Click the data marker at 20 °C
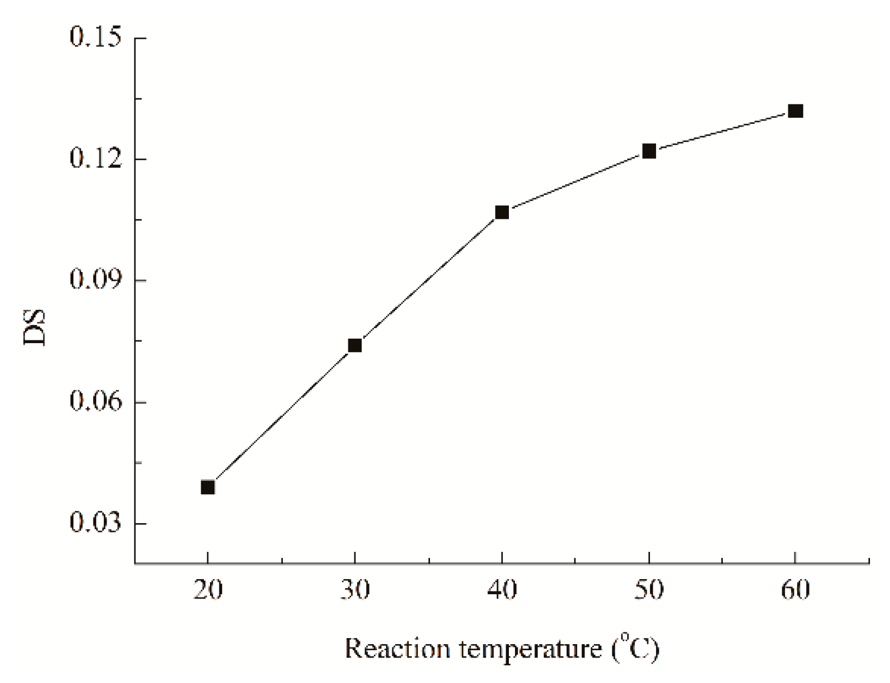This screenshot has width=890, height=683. (208, 487)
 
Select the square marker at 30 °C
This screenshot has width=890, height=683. (355, 345)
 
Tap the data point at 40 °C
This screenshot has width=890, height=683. (502, 212)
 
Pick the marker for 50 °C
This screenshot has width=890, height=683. (649, 151)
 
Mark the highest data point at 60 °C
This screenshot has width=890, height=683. (796, 111)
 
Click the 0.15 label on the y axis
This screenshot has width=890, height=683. (95, 38)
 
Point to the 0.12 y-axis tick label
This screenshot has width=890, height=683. (95, 159)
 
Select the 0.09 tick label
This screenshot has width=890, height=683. (95, 280)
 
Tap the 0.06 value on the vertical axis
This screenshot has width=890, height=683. (95, 402)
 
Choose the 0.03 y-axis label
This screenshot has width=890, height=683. (95, 524)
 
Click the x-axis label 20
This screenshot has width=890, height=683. (208, 590)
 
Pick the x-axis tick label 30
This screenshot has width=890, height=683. (355, 590)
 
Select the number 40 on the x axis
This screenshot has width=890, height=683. (502, 590)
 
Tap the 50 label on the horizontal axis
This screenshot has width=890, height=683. (649, 590)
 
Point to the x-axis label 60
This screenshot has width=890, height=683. (796, 590)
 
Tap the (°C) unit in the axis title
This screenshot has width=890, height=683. (636, 648)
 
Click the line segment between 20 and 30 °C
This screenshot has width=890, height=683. (281, 416)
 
